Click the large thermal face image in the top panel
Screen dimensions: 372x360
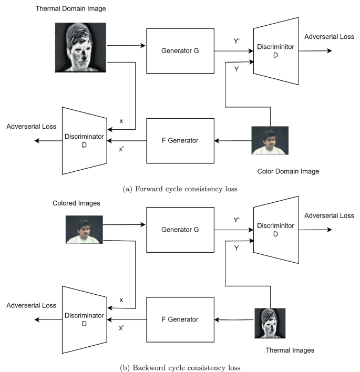click(81, 47)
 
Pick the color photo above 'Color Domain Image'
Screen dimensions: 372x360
click(270, 140)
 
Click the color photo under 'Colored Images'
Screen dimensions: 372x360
click(84, 229)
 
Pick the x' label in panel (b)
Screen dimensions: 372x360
click(122, 328)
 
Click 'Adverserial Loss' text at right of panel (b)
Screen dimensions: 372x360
click(329, 215)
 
